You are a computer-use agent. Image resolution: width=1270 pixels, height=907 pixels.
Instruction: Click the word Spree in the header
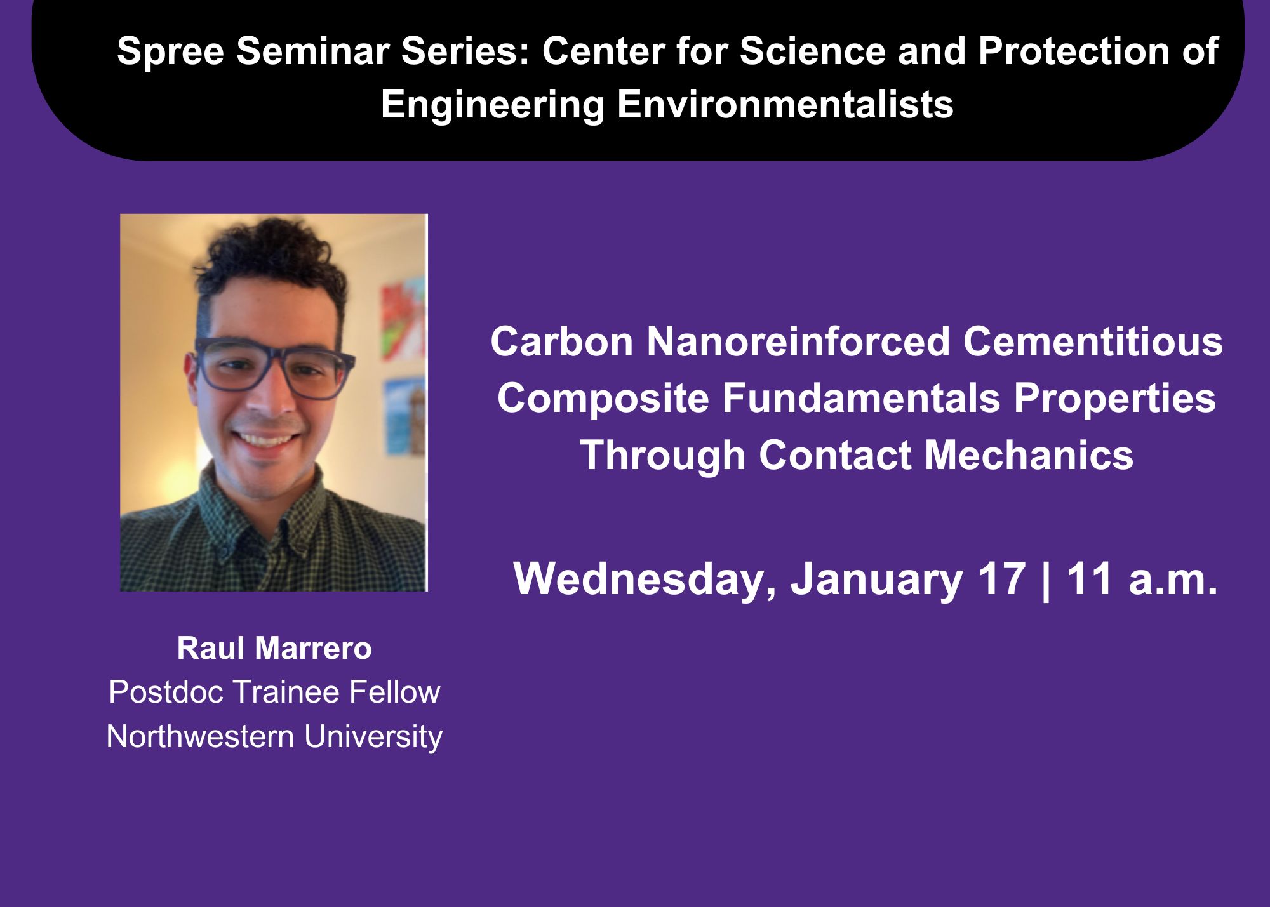click(170, 52)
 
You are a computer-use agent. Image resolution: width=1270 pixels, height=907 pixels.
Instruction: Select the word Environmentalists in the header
click(785, 104)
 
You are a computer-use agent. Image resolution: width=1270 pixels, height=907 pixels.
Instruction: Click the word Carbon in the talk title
click(561, 341)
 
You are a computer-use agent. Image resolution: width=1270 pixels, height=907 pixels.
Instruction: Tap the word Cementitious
click(1093, 341)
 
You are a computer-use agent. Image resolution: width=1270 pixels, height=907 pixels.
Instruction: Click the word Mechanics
click(1028, 455)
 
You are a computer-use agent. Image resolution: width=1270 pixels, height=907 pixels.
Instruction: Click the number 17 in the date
click(1002, 579)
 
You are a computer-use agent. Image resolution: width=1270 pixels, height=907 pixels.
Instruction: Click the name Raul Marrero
click(274, 649)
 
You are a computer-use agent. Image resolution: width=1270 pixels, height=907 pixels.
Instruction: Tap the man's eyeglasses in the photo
click(274, 369)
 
